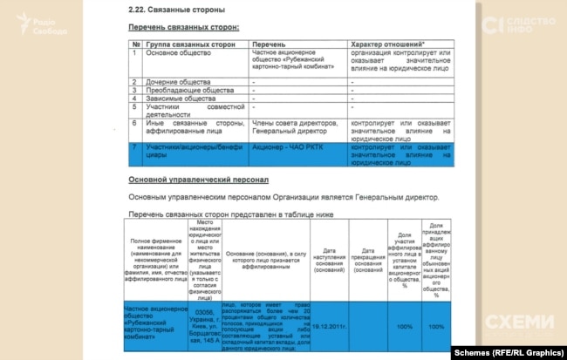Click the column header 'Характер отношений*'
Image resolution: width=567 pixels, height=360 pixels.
click(x=388, y=44)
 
